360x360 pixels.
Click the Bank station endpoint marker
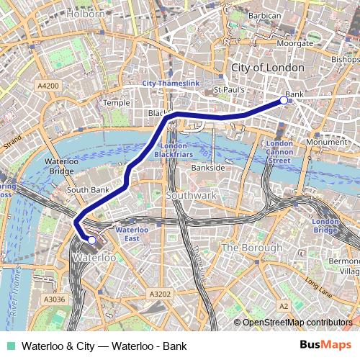(284, 101)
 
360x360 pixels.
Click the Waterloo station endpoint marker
(91, 240)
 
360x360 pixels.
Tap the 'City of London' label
(268, 67)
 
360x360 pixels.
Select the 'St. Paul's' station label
(230, 90)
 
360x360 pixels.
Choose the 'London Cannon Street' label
(279, 152)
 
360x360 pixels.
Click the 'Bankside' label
(208, 167)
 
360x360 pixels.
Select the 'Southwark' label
(191, 195)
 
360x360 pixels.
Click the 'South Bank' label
(87, 190)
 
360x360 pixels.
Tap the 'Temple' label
(116, 103)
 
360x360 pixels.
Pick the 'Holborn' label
(86, 13)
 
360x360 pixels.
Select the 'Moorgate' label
(295, 43)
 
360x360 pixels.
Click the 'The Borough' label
(251, 248)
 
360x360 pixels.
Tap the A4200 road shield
(48, 85)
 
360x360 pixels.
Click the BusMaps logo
(325, 346)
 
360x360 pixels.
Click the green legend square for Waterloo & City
(10, 346)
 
